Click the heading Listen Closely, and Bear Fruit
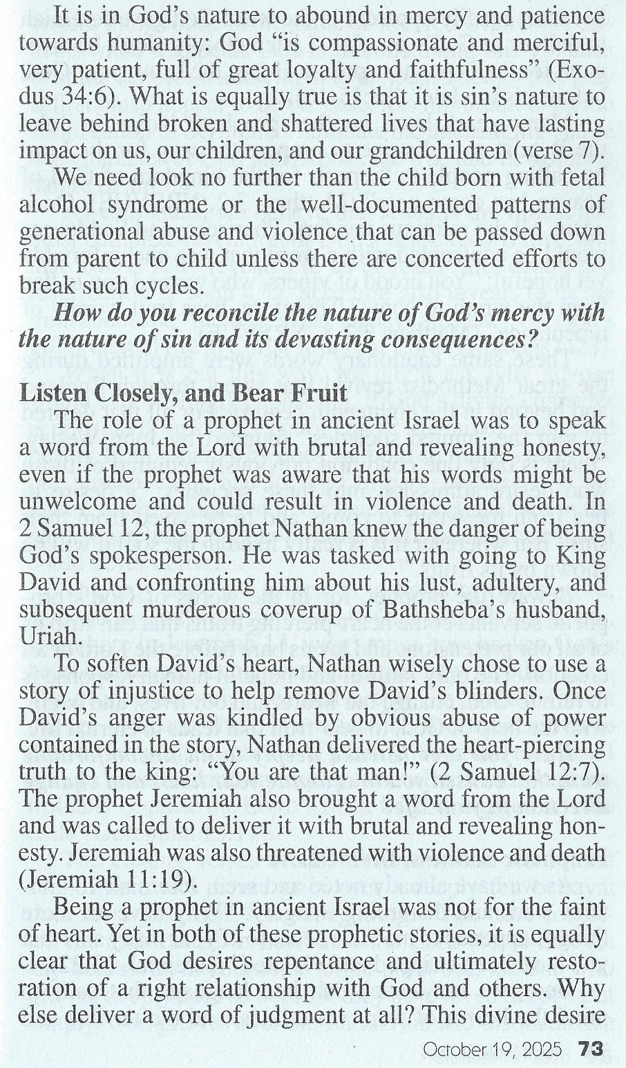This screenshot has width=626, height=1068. tap(182, 394)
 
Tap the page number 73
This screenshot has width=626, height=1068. tap(591, 1049)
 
